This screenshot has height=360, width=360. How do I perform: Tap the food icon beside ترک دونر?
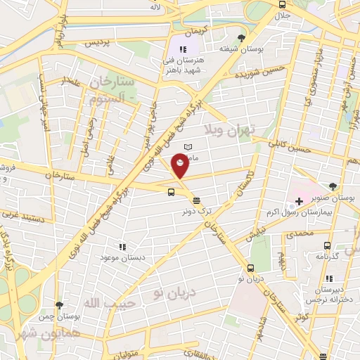click(x=195, y=200)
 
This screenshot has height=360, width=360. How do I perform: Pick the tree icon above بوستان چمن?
click(x=59, y=305)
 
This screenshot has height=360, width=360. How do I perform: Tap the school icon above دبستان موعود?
click(x=122, y=247)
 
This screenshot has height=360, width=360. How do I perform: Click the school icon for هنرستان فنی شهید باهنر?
click(x=183, y=49)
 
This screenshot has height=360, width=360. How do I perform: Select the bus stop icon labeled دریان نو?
click(x=250, y=267)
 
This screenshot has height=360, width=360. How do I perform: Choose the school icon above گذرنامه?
click(x=327, y=245)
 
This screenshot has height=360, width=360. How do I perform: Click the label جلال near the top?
click(x=282, y=15)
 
